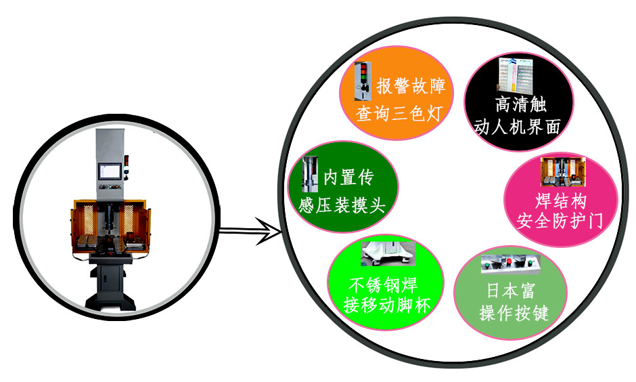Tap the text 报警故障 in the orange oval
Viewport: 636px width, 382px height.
click(411, 86)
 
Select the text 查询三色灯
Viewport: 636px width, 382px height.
click(399, 113)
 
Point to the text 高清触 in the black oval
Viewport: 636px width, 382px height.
click(520, 104)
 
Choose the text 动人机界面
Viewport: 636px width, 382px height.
click(518, 127)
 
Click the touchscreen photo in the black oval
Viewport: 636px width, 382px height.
click(515, 75)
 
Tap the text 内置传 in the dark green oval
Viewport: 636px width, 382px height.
click(348, 177)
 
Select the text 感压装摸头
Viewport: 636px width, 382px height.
click(342, 205)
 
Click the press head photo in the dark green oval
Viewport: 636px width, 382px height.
click(311, 174)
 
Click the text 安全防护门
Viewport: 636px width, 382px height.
click(560, 221)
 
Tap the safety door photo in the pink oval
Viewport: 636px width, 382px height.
click(563, 171)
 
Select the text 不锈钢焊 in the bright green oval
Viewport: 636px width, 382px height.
click(384, 285)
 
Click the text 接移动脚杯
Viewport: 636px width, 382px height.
click(386, 305)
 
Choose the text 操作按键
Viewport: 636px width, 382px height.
click(514, 313)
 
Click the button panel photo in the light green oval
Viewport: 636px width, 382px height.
click(510, 264)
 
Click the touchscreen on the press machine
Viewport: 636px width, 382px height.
click(110, 171)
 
